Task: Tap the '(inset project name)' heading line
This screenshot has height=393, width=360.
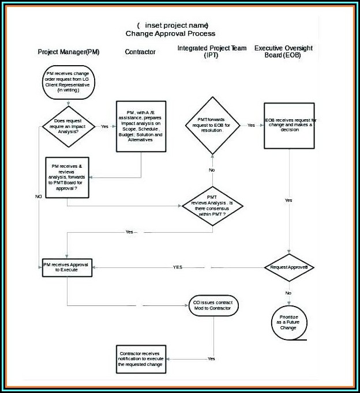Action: (x=173, y=25)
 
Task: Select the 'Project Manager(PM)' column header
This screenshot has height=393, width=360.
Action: (x=69, y=52)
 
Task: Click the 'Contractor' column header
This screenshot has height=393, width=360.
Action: (x=140, y=52)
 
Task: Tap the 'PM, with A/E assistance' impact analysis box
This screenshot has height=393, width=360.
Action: (x=140, y=127)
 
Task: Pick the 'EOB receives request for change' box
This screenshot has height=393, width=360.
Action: (x=290, y=126)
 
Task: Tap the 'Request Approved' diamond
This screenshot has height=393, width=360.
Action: (x=289, y=267)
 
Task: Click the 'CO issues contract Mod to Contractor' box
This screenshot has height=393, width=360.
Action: (x=212, y=305)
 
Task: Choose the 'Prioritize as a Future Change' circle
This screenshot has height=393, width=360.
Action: (x=288, y=322)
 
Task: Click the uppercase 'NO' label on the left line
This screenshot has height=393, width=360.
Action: (x=39, y=197)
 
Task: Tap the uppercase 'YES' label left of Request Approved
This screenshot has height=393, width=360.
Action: (x=178, y=267)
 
